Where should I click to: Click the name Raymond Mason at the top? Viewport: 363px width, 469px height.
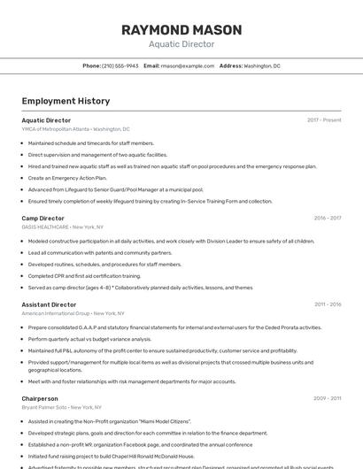181,29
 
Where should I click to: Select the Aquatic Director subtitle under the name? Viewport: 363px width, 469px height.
181,43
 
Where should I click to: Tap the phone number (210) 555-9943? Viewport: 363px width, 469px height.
120,65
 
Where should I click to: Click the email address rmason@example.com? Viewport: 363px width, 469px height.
188,65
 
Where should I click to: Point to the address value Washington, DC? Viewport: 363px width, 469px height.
262,65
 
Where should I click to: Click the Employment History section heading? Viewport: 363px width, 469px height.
66,101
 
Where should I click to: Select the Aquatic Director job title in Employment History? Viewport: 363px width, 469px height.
46,120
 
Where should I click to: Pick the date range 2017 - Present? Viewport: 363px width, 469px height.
324,120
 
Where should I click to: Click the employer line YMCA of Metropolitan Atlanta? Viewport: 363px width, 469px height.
75,128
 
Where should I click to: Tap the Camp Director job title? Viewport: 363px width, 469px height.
43,218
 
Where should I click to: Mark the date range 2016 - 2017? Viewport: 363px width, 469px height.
328,218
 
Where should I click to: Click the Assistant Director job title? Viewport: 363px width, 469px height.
49,304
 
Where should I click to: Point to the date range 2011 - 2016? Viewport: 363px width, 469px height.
328,304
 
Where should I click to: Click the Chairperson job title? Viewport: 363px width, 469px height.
40,399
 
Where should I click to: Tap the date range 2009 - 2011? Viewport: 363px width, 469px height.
328,399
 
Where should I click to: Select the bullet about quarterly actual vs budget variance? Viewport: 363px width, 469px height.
89,339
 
